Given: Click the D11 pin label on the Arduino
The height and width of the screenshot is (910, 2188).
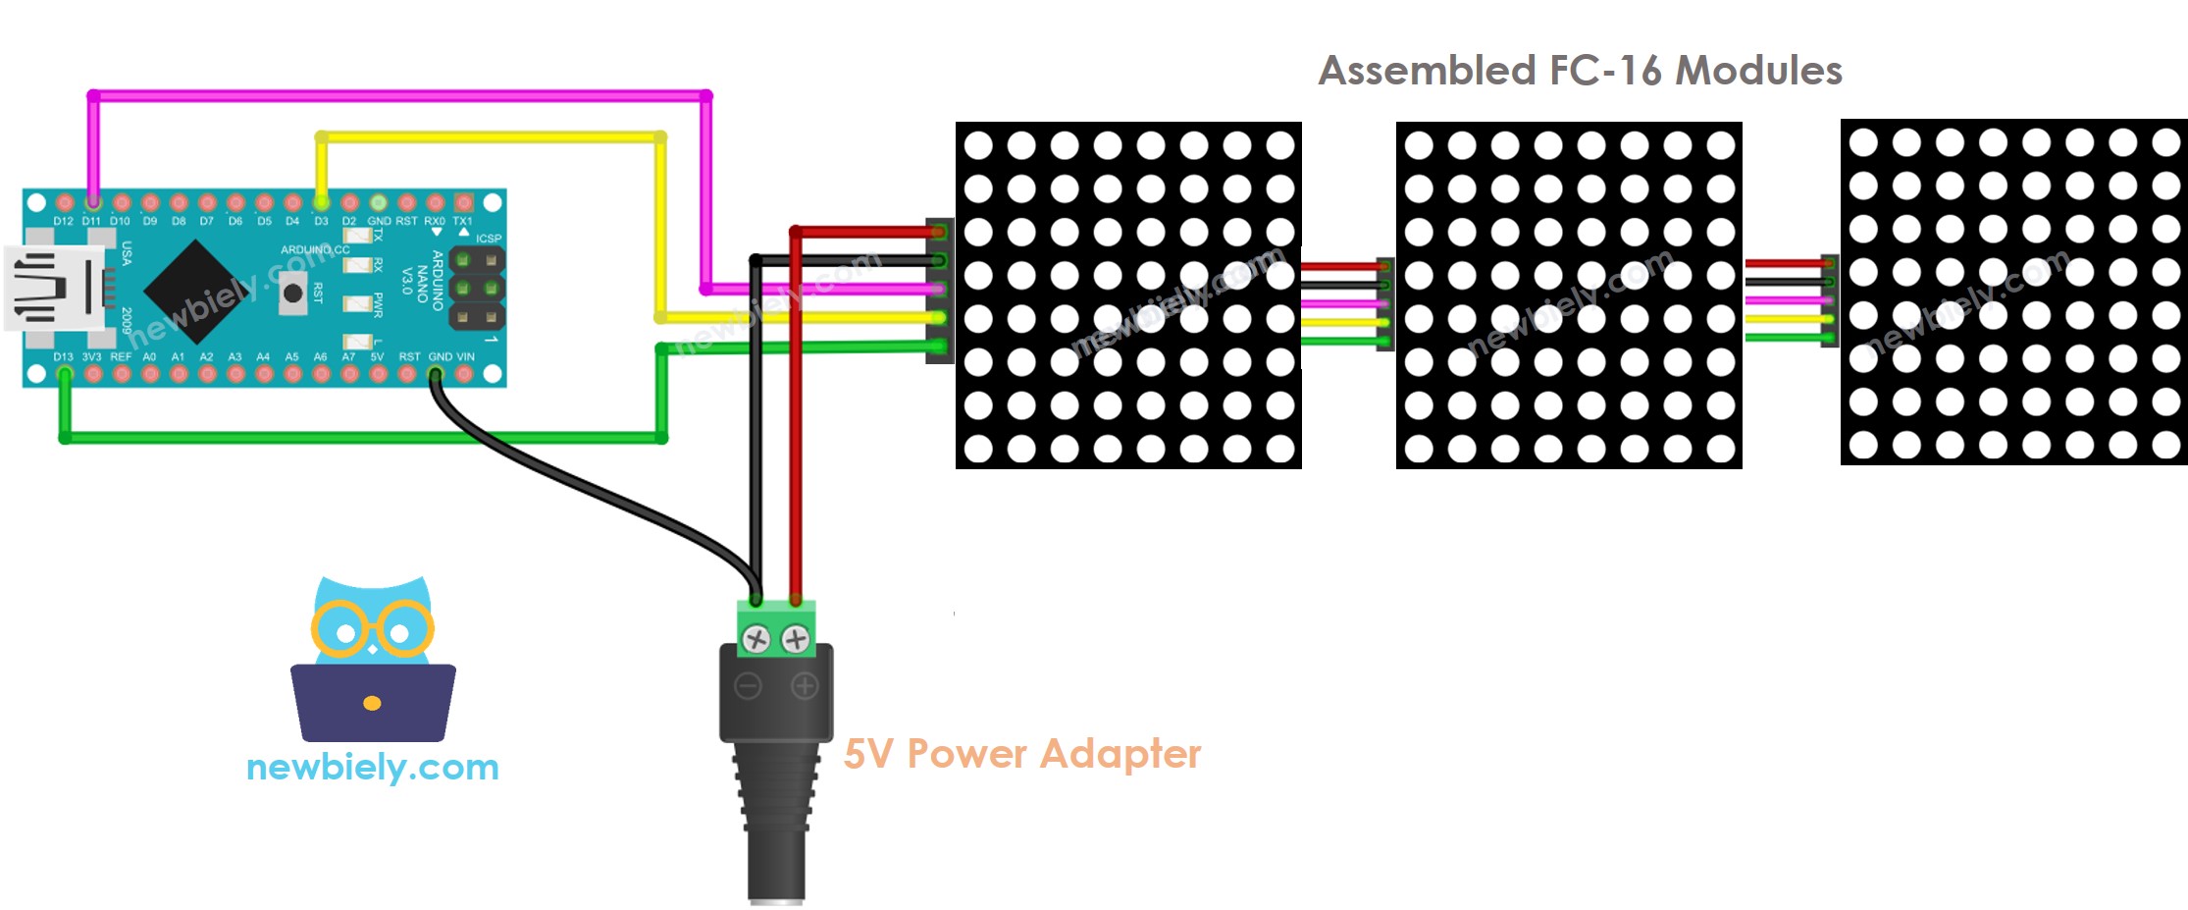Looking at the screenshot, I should point(91,222).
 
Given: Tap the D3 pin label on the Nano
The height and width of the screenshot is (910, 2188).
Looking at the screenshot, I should point(321,222).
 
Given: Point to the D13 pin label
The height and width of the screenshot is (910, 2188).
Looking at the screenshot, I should point(63,356).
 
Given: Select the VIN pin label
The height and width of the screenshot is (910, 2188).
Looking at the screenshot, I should point(465,356).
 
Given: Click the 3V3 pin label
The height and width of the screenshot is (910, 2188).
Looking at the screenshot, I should point(91,356).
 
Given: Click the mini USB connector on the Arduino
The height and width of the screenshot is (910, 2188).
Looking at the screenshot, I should point(54,288).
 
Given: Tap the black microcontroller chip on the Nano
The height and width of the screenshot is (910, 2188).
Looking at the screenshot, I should point(197,290).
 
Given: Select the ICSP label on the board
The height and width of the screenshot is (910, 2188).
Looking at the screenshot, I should point(488,239).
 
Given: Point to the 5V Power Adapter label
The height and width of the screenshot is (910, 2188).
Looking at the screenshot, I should point(1021,754).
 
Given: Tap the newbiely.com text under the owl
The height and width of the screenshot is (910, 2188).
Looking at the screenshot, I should point(372,767).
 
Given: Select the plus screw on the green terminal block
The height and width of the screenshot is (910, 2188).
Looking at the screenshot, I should point(795,641).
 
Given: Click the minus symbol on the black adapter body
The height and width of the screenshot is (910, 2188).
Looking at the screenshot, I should point(748,686).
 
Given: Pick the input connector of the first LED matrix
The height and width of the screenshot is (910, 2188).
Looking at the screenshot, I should point(939,290).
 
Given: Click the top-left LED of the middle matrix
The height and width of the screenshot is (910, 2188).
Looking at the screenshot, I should point(1419,145).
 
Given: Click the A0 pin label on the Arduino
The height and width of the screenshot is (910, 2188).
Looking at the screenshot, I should point(149,356).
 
